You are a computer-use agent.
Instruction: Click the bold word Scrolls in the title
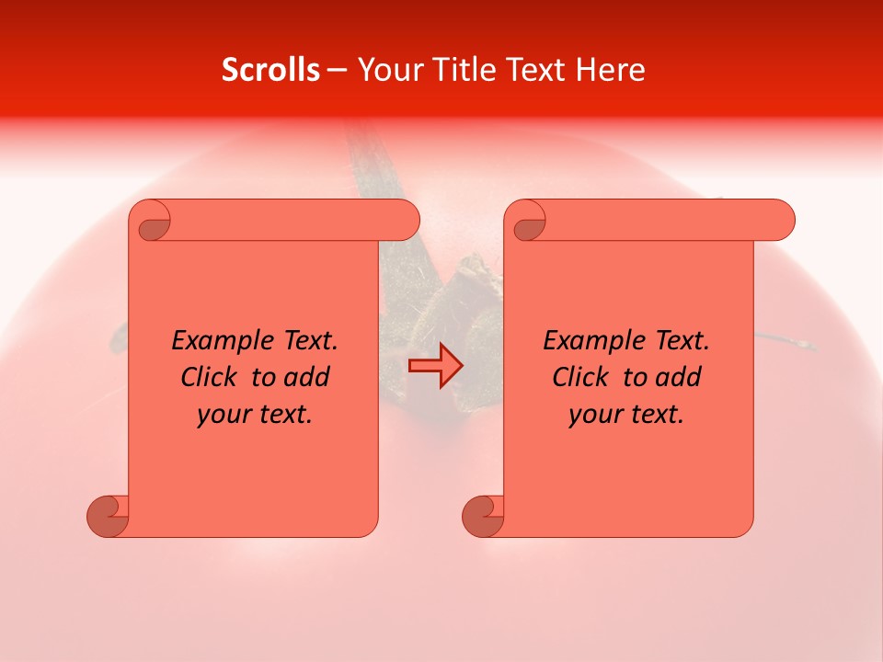pos(271,70)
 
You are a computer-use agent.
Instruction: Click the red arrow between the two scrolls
pos(435,365)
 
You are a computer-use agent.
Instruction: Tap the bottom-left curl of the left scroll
pos(108,515)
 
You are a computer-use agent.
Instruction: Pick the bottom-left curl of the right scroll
pos(483,515)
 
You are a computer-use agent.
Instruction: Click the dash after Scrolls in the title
pos(337,70)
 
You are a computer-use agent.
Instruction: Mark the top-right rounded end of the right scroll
pos(778,221)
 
